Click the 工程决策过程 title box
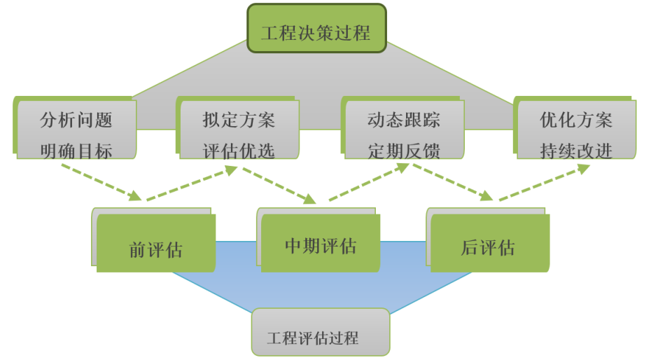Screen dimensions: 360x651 pyautogui.click(x=316, y=29)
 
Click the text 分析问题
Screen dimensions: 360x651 pyautogui.click(x=76, y=120)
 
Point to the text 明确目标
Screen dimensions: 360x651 pyautogui.click(x=76, y=150)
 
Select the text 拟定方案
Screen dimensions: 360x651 pyautogui.click(x=239, y=120)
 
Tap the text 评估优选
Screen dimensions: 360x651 pyautogui.click(x=239, y=150)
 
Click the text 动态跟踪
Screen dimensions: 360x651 pyautogui.click(x=404, y=120)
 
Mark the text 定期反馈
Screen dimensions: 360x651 pyautogui.click(x=404, y=150)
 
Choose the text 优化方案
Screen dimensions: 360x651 pyautogui.click(x=576, y=120)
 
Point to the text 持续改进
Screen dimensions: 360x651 pyautogui.click(x=576, y=150)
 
